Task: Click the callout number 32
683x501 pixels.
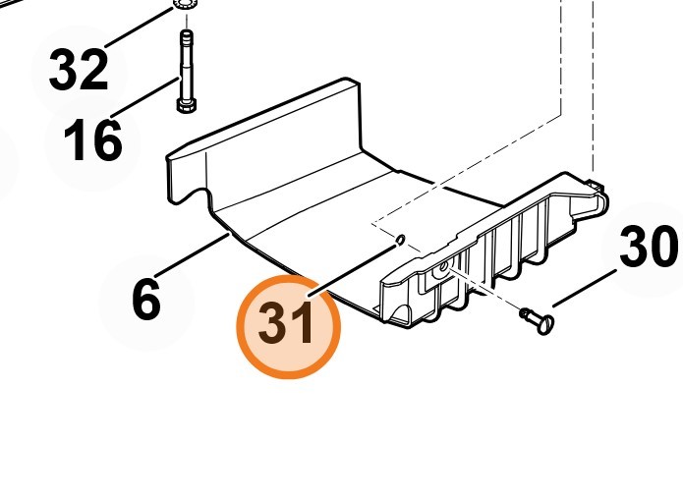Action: pyautogui.click(x=79, y=70)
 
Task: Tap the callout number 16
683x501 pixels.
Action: pyautogui.click(x=92, y=140)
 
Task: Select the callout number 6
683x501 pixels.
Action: pyautogui.click(x=146, y=300)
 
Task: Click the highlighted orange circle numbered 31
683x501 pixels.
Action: pyautogui.click(x=288, y=326)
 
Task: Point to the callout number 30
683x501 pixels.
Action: pyautogui.click(x=649, y=246)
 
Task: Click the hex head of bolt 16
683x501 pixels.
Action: pyautogui.click(x=187, y=105)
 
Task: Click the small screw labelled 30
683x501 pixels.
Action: pyautogui.click(x=538, y=320)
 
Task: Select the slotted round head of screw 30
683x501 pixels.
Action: pyautogui.click(x=545, y=325)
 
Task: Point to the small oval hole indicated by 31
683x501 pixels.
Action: pyautogui.click(x=400, y=240)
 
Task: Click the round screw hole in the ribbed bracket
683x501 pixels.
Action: pyautogui.click(x=444, y=266)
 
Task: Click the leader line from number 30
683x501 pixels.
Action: pyautogui.click(x=585, y=289)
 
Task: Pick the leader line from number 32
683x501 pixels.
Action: pyautogui.click(x=140, y=28)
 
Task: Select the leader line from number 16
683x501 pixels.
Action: pyautogui.click(x=145, y=98)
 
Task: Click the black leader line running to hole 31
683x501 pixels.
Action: pyautogui.click(x=353, y=271)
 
